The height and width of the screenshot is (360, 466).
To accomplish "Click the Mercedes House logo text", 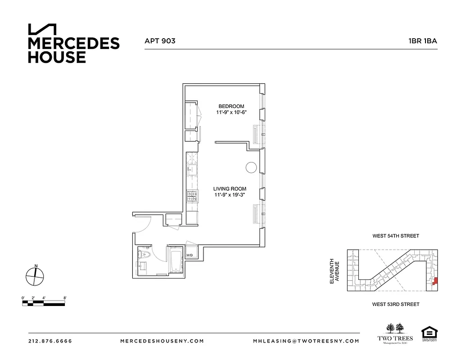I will point(73,49).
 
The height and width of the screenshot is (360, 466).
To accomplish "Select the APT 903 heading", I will point(160,40).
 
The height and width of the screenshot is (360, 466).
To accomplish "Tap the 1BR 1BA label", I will point(422,40).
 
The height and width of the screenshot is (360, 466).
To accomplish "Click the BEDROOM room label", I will point(231,106).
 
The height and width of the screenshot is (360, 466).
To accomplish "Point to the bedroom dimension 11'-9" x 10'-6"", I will point(231,112).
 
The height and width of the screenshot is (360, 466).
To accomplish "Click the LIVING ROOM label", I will point(231,189).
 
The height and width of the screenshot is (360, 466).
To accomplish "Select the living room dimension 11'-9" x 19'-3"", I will point(231,195).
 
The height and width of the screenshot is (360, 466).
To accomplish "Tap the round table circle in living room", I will point(251,167).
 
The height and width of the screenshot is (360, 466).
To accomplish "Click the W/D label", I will point(190,256).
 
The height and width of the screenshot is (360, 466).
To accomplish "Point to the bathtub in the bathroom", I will point(176,261).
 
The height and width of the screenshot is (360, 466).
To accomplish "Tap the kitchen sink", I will point(191,170).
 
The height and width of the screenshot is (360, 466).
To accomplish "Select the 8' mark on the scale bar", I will point(65,297).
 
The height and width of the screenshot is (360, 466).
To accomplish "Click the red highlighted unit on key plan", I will point(435,282).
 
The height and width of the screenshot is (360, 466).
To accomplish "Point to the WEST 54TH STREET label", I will point(395,236).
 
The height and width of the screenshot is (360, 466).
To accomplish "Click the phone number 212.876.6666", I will point(50,341).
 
